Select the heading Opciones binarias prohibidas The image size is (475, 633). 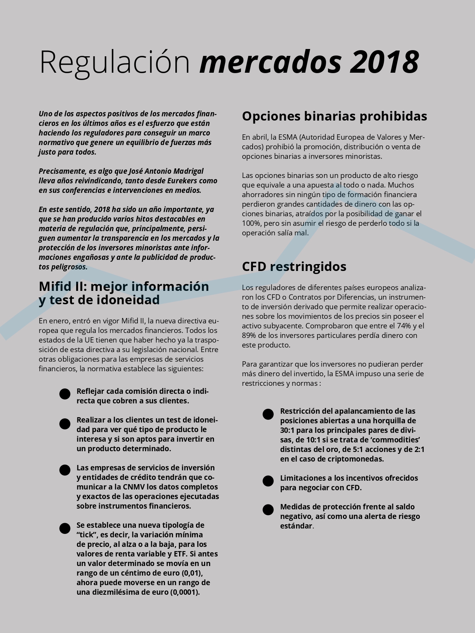[334, 116]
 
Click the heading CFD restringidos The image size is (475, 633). [294, 266]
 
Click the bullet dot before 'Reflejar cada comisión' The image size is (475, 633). [65, 394]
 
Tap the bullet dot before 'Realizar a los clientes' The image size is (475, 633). [65, 423]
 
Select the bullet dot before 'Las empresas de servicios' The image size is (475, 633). [65, 470]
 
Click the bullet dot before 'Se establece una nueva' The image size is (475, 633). [65, 528]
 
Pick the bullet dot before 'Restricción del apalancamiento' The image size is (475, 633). [268, 414]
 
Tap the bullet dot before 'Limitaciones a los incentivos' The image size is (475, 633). [268, 481]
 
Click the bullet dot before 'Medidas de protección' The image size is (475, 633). [268, 509]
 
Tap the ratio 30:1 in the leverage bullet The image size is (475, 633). [287, 430]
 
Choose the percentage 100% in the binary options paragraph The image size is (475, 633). [251, 223]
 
